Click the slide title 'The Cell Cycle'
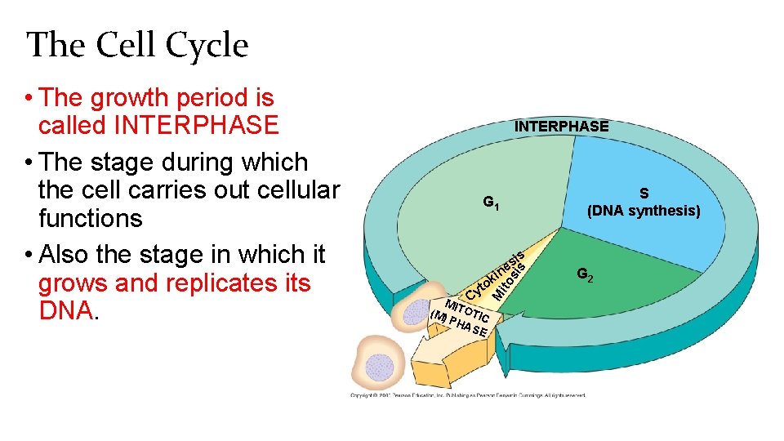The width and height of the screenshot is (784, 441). [x=137, y=45]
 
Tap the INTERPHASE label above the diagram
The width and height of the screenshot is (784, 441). [x=561, y=127]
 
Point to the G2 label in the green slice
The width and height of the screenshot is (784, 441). [x=585, y=275]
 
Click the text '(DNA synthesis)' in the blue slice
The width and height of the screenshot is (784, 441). [x=644, y=212]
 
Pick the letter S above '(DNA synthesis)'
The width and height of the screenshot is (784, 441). [x=644, y=194]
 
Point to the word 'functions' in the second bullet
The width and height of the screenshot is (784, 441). [x=90, y=219]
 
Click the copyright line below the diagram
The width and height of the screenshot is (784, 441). [x=468, y=395]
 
